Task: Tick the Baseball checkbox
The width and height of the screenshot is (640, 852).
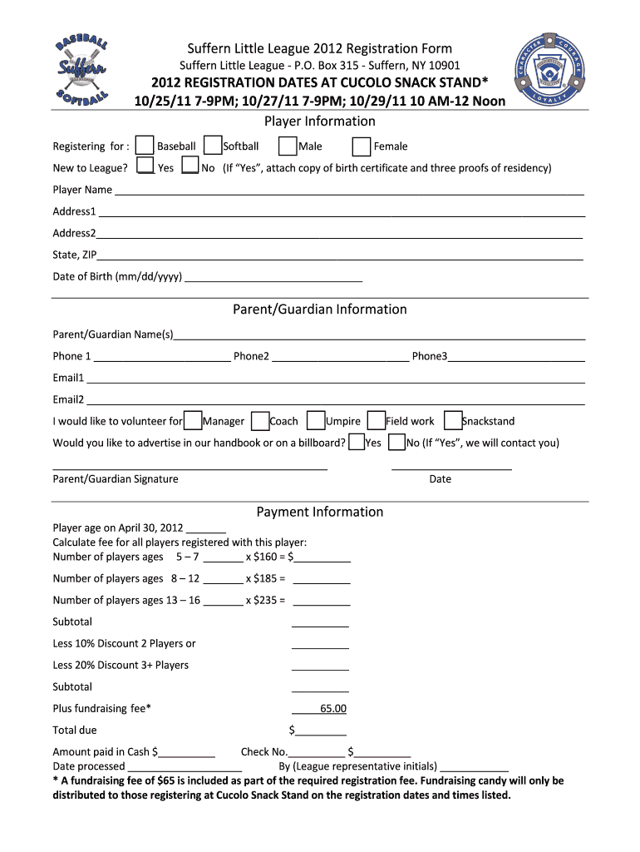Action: (145, 146)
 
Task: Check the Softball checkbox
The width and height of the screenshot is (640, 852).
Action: (213, 146)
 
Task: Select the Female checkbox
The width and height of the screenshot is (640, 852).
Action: (362, 146)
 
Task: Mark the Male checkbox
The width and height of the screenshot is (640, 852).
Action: (288, 146)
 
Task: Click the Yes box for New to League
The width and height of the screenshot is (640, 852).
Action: (145, 166)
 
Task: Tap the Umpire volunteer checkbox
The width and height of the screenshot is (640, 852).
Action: (316, 420)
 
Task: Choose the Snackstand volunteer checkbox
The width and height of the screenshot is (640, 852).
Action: (453, 420)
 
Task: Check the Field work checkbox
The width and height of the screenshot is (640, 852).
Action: (377, 420)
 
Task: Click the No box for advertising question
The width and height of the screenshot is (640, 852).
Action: (397, 442)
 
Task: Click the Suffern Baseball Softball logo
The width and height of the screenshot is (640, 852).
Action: (81, 71)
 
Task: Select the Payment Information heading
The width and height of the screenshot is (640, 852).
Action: (320, 512)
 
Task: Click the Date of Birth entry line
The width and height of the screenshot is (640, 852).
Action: (273, 277)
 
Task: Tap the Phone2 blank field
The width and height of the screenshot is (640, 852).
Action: (340, 357)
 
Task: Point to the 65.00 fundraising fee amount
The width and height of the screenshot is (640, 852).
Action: (332, 709)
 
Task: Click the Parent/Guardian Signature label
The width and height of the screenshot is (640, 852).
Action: (116, 479)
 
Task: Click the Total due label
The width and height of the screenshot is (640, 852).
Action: (75, 731)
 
